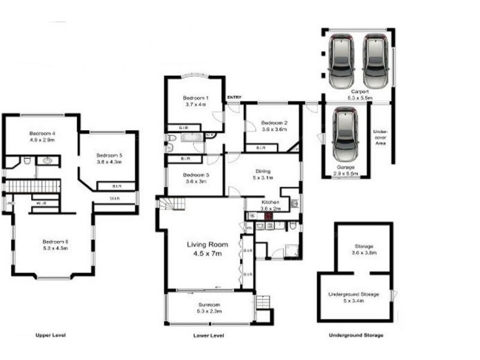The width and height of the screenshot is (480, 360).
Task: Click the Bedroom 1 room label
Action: click(195, 98)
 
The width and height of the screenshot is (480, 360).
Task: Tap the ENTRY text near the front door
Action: click(234, 98)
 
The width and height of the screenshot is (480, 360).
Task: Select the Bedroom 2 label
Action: click(274, 123)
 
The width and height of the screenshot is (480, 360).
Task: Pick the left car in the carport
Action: click(341, 59)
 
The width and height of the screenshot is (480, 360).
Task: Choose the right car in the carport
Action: click(376, 59)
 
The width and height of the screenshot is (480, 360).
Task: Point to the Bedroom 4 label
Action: click(42, 133)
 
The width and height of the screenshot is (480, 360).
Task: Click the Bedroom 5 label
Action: click(109, 155)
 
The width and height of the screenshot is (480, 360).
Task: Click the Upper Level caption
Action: click(50, 335)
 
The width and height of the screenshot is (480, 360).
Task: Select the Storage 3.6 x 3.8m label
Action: click(364, 246)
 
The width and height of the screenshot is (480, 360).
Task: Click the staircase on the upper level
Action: click(33, 187)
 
